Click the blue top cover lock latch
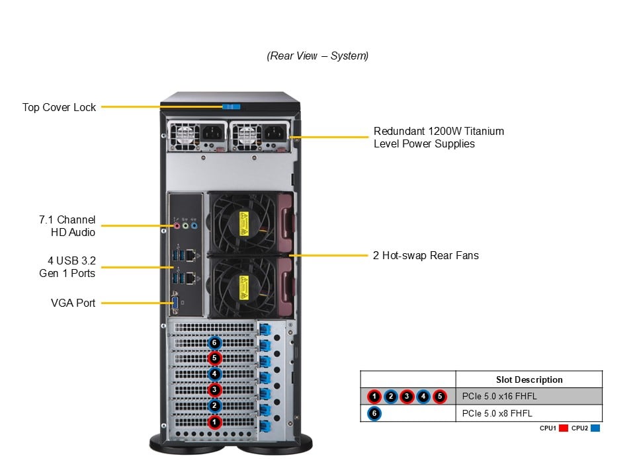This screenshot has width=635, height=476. click(x=231, y=106)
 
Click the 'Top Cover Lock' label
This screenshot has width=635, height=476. click(x=59, y=107)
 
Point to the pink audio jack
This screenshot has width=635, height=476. click(x=177, y=225)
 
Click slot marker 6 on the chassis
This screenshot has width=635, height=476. click(x=214, y=342)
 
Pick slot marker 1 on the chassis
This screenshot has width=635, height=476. click(x=214, y=421)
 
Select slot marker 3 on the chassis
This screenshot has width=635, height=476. click(x=214, y=389)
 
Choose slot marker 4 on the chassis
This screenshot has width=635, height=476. click(x=214, y=374)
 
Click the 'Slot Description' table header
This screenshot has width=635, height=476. click(x=529, y=379)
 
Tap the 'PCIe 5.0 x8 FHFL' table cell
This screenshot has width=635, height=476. click(x=497, y=414)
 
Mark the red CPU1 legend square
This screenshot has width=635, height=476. click(x=563, y=428)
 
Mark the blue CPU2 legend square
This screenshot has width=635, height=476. click(x=595, y=428)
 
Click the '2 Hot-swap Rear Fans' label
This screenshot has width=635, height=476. click(x=426, y=255)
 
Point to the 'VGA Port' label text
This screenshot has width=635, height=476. click(x=73, y=303)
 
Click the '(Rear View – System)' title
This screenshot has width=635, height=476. click(x=317, y=56)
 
